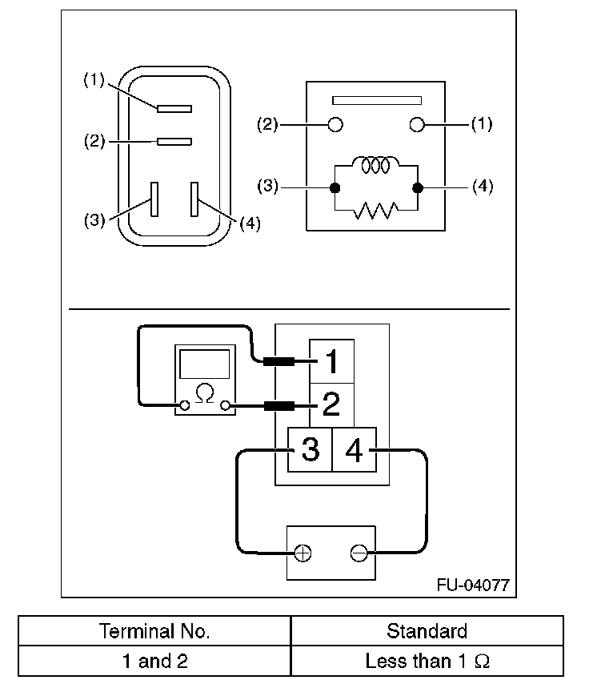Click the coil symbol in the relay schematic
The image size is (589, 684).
(x=375, y=164)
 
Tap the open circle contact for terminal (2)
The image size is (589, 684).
(x=336, y=124)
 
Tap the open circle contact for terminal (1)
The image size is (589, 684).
(x=416, y=124)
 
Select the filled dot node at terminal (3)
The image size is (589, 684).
(x=335, y=188)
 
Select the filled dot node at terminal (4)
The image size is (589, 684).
(x=417, y=188)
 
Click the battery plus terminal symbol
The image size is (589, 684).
(x=303, y=553)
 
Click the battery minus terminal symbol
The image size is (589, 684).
(x=359, y=553)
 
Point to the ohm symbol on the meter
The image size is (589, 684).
(x=206, y=394)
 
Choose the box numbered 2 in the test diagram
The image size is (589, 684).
(x=331, y=405)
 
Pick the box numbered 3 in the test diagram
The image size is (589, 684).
(x=310, y=449)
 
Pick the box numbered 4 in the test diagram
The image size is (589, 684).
(x=354, y=449)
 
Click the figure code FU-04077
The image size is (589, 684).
(x=472, y=585)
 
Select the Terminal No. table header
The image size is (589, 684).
(x=154, y=631)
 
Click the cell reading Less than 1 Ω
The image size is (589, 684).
(x=427, y=662)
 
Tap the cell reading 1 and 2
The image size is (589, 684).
(x=154, y=662)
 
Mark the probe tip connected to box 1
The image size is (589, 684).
(x=279, y=362)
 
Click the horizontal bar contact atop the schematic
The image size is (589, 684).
(x=376, y=101)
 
